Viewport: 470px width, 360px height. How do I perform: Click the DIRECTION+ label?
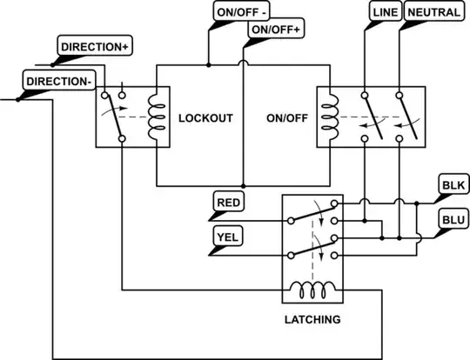pyautogui.click(x=93, y=46)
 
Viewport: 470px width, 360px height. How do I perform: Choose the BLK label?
pyautogui.click(x=453, y=185)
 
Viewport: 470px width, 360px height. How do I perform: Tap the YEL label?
pyautogui.click(x=228, y=236)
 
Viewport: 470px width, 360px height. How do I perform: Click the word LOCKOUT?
pyautogui.click(x=205, y=117)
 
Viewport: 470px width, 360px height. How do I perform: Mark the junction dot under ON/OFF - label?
pyautogui.click(x=209, y=64)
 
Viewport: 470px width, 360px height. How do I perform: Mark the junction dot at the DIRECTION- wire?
pyautogui.click(x=18, y=99)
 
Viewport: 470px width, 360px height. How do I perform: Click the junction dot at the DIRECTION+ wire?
pyautogui.click(x=53, y=64)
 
